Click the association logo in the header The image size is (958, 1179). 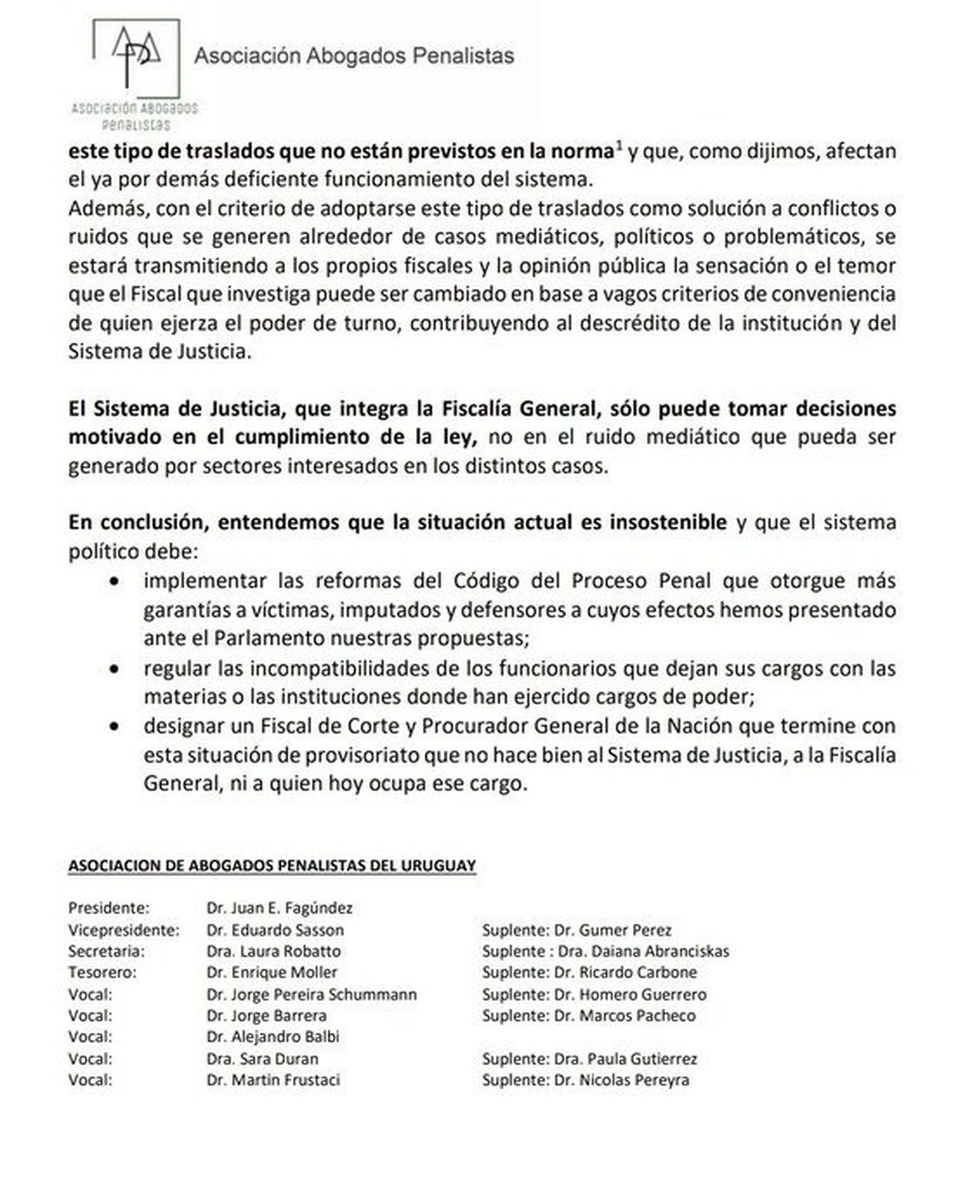tap(135, 72)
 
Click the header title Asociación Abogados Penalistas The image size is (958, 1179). tap(354, 56)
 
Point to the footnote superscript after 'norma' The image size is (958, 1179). tap(619, 146)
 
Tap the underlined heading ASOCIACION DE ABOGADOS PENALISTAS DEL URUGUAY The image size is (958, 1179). tap(271, 866)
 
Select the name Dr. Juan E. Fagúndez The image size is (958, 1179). tap(279, 908)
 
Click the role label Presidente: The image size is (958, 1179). tap(109, 908)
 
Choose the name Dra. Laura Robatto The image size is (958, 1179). tap(273, 951)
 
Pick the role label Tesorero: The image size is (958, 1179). tap(102, 972)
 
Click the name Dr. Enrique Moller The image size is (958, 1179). tap(271, 972)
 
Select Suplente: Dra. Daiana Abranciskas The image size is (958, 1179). tap(605, 951)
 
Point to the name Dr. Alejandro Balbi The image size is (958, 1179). tap(272, 1037)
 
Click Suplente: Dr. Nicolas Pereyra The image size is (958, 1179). tap(585, 1080)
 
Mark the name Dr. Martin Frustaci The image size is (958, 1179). tap(272, 1080)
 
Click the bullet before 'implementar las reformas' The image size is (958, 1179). tap(117, 582)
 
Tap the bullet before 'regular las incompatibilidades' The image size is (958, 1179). tap(117, 668)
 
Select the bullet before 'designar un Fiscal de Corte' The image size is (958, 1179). tap(117, 727)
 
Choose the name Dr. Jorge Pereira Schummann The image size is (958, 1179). tap(311, 994)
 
